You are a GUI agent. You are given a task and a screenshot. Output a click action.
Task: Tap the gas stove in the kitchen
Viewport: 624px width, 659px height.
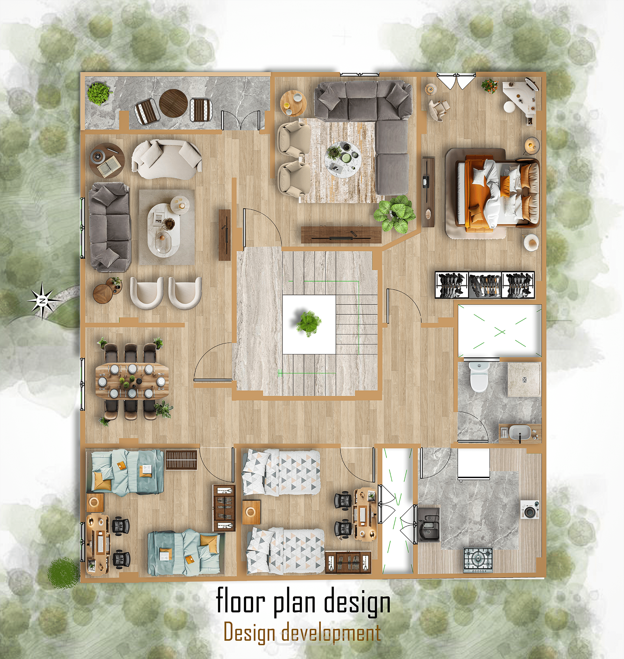[x=478, y=560]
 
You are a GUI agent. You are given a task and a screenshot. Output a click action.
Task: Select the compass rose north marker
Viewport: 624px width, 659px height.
[x=43, y=300]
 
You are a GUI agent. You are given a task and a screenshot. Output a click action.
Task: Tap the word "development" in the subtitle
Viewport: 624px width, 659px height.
[x=331, y=633]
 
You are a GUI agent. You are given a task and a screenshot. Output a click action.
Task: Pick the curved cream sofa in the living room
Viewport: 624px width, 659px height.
[x=166, y=159]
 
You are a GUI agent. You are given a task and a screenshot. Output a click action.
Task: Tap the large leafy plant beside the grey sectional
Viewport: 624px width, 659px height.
[x=395, y=213]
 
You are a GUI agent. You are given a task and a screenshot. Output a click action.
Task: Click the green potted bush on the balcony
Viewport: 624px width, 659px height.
[x=99, y=93]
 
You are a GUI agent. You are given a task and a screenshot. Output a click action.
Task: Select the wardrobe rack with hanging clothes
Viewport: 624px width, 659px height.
[x=485, y=285]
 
